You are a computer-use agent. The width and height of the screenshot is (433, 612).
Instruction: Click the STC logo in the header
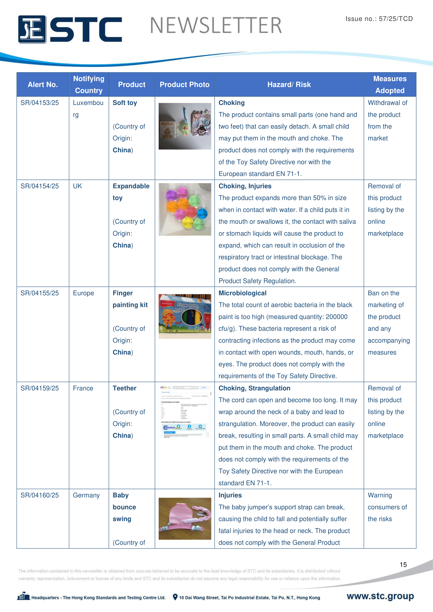tap(70, 29)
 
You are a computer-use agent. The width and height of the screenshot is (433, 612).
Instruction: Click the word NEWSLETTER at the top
tap(216, 26)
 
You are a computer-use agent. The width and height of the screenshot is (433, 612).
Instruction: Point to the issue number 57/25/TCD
tap(379, 19)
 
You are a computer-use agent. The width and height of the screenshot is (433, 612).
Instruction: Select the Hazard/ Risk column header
tap(289, 85)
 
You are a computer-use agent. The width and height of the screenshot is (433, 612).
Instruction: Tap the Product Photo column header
tap(185, 85)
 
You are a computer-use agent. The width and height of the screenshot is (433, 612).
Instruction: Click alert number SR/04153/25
tap(40, 103)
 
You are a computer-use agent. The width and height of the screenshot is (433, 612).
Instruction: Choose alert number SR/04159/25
tap(40, 388)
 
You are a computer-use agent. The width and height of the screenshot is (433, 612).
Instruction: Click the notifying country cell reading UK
tap(77, 186)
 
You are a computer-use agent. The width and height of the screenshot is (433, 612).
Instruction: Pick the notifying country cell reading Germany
tap(86, 495)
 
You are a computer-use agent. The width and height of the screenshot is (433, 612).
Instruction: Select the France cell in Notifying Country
tap(83, 388)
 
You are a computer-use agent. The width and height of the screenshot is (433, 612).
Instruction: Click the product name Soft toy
tap(125, 103)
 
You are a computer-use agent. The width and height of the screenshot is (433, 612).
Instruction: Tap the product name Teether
tap(125, 388)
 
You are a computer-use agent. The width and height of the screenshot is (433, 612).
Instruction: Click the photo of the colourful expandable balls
tap(185, 209)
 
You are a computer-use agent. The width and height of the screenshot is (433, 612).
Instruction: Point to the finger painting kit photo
tap(185, 316)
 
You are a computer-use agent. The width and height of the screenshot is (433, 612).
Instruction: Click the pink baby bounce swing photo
tap(185, 518)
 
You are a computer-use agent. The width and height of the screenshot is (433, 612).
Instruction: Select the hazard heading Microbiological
tap(242, 293)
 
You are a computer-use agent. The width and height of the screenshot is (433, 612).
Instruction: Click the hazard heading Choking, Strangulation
tap(254, 388)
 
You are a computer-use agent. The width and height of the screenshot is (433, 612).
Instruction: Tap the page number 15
tap(403, 565)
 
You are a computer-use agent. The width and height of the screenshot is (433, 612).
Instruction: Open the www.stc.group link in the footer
tap(380, 596)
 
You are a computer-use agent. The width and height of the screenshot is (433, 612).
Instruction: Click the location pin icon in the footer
tap(175, 597)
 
